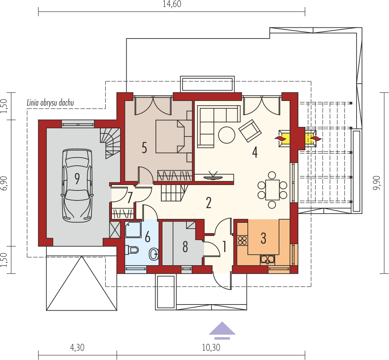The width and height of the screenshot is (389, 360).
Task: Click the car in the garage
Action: (x=77, y=185)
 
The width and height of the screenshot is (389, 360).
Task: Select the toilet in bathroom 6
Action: (x=132, y=250)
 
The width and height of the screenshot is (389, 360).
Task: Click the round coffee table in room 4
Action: (x=227, y=135)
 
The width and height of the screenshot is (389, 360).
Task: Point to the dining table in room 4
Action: (x=272, y=190)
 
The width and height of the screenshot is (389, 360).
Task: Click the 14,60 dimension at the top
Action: (x=172, y=4)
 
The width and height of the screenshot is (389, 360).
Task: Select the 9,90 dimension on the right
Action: (x=377, y=183)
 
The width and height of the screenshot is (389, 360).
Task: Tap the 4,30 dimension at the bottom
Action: (x=77, y=348)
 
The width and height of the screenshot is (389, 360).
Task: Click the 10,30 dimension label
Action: (x=211, y=348)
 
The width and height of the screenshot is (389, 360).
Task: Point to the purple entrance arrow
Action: (x=222, y=330)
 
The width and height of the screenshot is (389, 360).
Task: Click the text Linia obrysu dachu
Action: (x=50, y=103)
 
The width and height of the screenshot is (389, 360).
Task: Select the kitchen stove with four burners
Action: (x=242, y=241)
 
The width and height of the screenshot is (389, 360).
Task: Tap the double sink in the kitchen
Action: (x=267, y=259)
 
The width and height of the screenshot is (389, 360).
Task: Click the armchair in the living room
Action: (x=250, y=131)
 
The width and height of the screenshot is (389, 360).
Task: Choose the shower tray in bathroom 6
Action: (x=133, y=229)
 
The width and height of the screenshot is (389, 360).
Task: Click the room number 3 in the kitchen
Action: (x=263, y=238)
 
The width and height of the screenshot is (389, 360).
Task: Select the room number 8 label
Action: (x=185, y=247)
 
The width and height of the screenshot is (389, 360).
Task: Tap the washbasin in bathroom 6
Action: (x=154, y=254)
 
